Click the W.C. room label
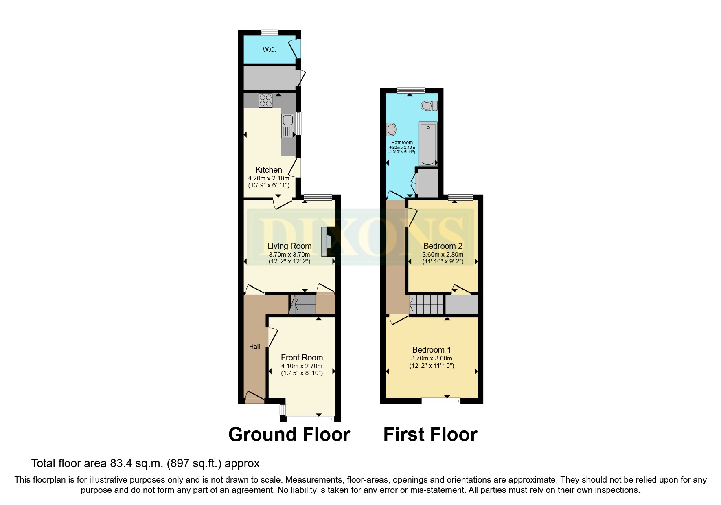(x=269, y=50)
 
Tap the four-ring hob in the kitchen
(x=265, y=100)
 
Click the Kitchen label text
(x=269, y=170)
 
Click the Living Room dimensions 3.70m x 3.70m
(x=289, y=254)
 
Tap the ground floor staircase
(x=303, y=304)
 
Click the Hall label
(x=254, y=347)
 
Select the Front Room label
(x=302, y=358)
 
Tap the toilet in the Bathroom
(x=429, y=106)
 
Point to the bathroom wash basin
(x=392, y=130)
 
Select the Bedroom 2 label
(x=443, y=246)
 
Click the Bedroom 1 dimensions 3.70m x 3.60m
(x=432, y=358)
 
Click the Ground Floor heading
(x=289, y=435)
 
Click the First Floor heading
(x=430, y=435)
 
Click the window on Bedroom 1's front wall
(x=441, y=401)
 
